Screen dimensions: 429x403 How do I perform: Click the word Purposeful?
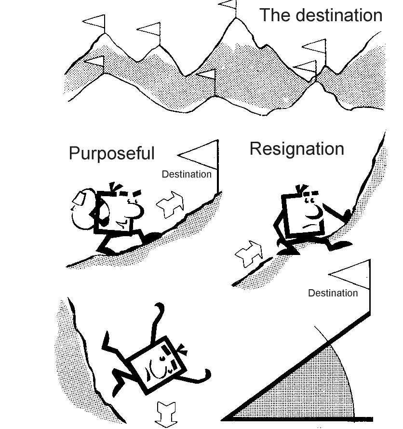(x=111, y=153)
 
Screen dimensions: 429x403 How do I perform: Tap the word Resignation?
(x=296, y=149)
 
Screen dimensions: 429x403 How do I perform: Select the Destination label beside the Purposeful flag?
(x=187, y=174)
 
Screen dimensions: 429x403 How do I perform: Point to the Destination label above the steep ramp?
(x=333, y=293)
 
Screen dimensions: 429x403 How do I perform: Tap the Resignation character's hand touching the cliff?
(x=346, y=214)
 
